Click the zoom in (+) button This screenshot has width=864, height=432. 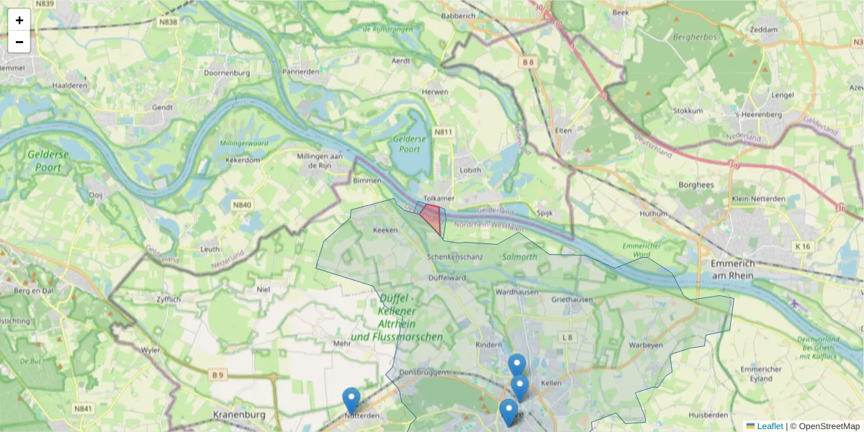coord(19,20)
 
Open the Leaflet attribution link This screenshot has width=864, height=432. coord(769,426)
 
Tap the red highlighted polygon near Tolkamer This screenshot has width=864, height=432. coord(432,216)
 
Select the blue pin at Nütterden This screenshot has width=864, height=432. coord(351,400)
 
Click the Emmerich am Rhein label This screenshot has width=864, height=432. coord(731,269)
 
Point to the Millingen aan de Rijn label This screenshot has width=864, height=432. coord(319,160)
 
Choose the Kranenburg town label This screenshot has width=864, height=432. coord(240,415)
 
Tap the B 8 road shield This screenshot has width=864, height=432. coord(529,63)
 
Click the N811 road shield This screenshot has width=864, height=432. coord(444,132)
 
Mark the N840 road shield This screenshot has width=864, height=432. coord(243,205)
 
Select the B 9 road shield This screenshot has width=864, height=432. coord(217,374)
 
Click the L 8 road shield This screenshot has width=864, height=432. coord(569,336)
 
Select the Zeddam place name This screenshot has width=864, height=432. coord(764,30)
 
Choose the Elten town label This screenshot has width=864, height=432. coord(564,130)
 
